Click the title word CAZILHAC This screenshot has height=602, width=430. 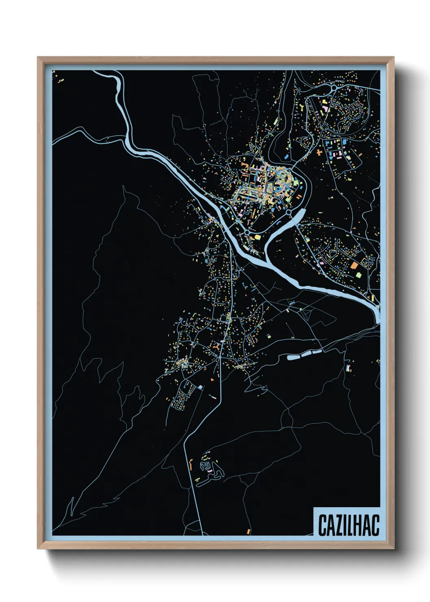[348, 525]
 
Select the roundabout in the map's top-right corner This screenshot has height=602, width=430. [334, 87]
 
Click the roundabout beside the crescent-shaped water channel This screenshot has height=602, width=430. [289, 212]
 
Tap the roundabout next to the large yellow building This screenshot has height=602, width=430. [247, 232]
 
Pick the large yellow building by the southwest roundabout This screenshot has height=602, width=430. [257, 237]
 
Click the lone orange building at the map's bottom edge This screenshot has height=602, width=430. [248, 531]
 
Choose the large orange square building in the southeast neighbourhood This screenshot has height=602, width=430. [354, 266]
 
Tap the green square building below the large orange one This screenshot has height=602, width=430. [359, 275]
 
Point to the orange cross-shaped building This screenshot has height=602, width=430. [319, 152]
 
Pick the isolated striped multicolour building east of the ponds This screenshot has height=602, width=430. [347, 368]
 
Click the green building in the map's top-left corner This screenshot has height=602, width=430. [59, 82]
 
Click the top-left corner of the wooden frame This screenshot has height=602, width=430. [38, 57]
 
